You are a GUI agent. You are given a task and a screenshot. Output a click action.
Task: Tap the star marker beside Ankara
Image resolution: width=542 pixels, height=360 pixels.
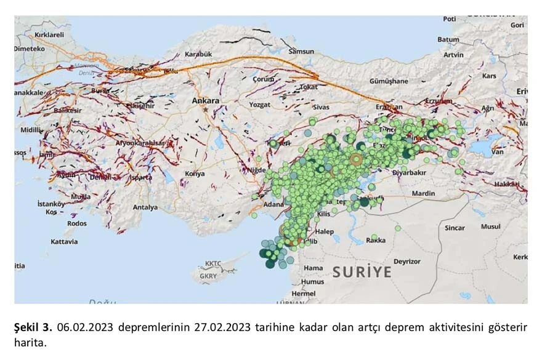point(205,109)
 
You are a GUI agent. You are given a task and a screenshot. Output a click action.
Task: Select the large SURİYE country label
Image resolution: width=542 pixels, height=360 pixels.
point(362,271)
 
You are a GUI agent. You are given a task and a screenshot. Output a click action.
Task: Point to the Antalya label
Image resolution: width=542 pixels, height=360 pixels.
point(145,207)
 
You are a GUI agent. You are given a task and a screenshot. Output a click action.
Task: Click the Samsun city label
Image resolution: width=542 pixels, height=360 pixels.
point(301,51)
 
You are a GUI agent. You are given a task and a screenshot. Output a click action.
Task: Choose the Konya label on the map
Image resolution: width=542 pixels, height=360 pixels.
point(195,174)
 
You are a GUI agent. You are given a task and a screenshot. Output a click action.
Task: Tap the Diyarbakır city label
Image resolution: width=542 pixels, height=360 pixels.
point(409,173)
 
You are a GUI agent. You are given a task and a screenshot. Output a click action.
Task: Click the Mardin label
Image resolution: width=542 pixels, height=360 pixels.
point(423,193)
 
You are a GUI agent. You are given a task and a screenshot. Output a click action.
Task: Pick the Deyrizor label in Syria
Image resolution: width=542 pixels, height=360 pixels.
point(407,261)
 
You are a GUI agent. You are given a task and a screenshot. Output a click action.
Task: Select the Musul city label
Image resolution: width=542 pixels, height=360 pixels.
point(491,226)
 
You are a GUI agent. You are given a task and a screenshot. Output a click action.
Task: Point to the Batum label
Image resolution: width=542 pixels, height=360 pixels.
point(448,39)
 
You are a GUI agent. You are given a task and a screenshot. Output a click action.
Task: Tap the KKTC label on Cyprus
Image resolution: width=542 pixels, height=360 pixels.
point(213,263)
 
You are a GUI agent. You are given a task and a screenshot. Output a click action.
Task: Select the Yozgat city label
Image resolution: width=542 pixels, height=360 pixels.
point(259,105)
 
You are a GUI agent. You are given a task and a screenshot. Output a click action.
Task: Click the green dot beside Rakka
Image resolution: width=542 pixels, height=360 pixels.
point(374,237)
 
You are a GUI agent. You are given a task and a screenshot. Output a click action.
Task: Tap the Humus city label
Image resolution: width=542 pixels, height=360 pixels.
point(312,281)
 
